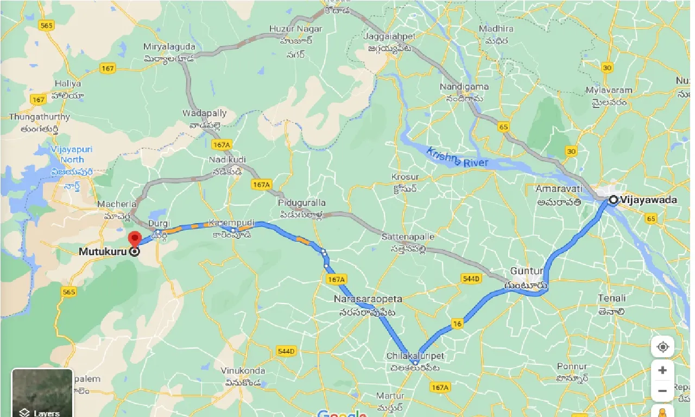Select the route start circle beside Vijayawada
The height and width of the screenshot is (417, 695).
point(613,200)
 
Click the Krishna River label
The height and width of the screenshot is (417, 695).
point(457,158)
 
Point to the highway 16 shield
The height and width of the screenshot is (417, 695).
point(457,324)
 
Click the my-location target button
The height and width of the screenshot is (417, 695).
point(662,346)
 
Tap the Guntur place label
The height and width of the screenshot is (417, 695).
point(527,271)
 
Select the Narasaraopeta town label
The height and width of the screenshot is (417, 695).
point(368,299)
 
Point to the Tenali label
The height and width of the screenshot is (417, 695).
point(611,298)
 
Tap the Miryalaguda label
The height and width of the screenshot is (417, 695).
point(168,47)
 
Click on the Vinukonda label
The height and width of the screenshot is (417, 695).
point(243,371)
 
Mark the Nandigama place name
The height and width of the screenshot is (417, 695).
point(464,86)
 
